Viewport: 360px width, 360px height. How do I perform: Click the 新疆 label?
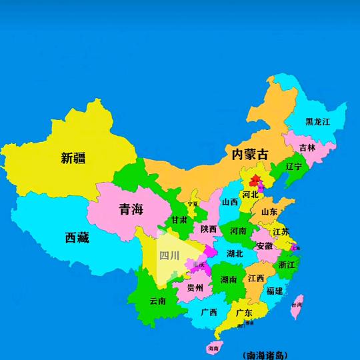pyautogui.click(x=73, y=158)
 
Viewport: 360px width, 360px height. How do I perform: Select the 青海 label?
pyautogui.click(x=131, y=209)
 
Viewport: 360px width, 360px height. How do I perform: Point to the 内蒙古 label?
pyautogui.click(x=250, y=154)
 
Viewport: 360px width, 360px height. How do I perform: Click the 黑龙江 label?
pyautogui.click(x=318, y=121)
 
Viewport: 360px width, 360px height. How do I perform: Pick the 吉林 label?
pyautogui.click(x=307, y=148)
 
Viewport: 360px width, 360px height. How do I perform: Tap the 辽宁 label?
pyautogui.click(x=293, y=166)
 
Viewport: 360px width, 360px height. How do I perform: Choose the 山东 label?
pyautogui.click(x=269, y=212)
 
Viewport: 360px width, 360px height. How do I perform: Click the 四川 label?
pyautogui.click(x=169, y=255)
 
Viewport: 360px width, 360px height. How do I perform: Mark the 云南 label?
pyautogui.click(x=158, y=301)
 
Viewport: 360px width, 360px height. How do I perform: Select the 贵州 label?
pyautogui.click(x=195, y=288)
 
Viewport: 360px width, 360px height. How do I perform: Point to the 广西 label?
pyautogui.click(x=209, y=311)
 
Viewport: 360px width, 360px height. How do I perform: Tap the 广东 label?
pyautogui.click(x=243, y=312)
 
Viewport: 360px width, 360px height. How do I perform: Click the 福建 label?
pyautogui.click(x=274, y=291)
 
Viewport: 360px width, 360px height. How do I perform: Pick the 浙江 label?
pyautogui.click(x=287, y=265)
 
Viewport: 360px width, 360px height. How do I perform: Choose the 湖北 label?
pyautogui.click(x=235, y=253)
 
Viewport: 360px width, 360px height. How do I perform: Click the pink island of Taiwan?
pyautogui.click(x=298, y=306)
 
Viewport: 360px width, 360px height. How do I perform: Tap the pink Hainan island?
pyautogui.click(x=213, y=347)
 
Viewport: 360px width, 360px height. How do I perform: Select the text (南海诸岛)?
pyautogui.click(x=267, y=355)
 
